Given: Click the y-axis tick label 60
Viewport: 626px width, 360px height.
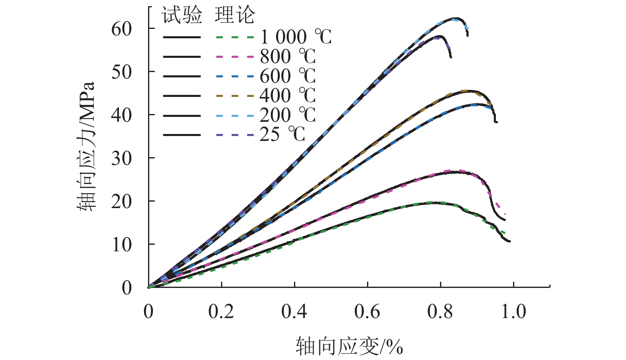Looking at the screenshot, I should point(122,29).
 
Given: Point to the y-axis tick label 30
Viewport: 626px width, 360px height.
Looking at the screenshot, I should point(122,158).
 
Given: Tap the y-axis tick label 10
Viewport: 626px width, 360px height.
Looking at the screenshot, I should point(122,245).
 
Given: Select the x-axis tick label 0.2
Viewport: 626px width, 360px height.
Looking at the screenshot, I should point(221,312).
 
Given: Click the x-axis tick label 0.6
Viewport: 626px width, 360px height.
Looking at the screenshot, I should point(367,312).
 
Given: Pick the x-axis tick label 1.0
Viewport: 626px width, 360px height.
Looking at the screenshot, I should point(513,312).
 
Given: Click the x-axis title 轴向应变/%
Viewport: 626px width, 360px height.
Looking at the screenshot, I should point(349,347).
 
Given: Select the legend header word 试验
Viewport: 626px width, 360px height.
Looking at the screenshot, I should point(182,15).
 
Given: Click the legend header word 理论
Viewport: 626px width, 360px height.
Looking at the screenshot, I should point(235,15).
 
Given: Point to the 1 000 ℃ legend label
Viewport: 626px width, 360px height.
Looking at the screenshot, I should point(296,37).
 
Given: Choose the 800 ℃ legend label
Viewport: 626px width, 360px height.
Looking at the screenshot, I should point(288,57).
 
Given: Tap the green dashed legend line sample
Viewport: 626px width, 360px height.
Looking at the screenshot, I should point(234,37).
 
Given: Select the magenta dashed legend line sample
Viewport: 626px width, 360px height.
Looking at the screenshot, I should point(234,57).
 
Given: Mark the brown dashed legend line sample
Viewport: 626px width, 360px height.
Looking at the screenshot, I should point(234,96).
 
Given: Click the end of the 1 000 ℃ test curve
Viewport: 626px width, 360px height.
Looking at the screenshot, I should point(509,241).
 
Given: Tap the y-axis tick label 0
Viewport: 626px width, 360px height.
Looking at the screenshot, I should point(127,288).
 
